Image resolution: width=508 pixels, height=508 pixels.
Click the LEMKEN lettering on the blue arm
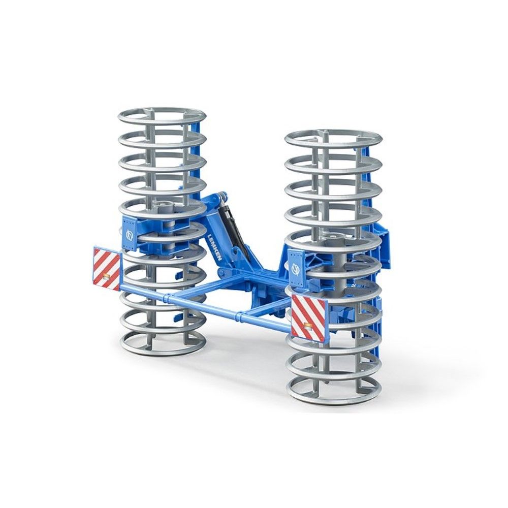(215, 248)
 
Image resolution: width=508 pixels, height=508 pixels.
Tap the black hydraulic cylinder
(232, 226)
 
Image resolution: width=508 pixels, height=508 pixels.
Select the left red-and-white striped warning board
(107, 269)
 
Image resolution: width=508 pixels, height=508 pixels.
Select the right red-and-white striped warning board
(309, 317)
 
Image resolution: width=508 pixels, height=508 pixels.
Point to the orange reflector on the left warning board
(106, 276)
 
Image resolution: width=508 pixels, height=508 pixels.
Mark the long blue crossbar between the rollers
(203, 307)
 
